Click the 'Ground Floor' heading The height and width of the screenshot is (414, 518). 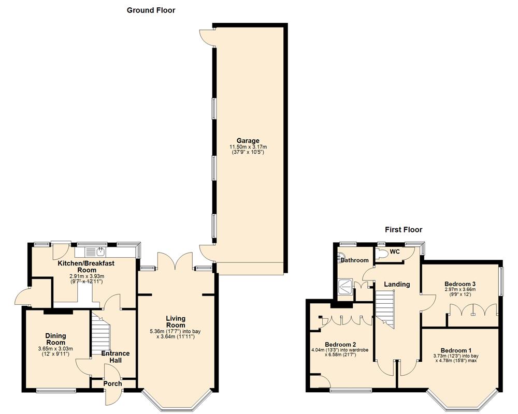[151, 10]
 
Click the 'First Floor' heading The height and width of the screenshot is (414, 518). [404, 229]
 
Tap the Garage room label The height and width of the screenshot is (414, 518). [248, 140]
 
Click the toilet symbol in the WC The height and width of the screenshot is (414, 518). [383, 254]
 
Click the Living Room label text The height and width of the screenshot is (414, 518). [176, 322]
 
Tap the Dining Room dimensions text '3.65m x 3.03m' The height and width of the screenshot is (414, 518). [55, 349]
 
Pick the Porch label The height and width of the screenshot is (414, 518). [113, 383]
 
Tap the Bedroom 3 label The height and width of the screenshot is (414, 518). [460, 284]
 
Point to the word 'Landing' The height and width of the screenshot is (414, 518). [397, 284]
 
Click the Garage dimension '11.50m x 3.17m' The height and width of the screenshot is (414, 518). [248, 147]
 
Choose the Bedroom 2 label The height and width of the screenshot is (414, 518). [340, 344]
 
